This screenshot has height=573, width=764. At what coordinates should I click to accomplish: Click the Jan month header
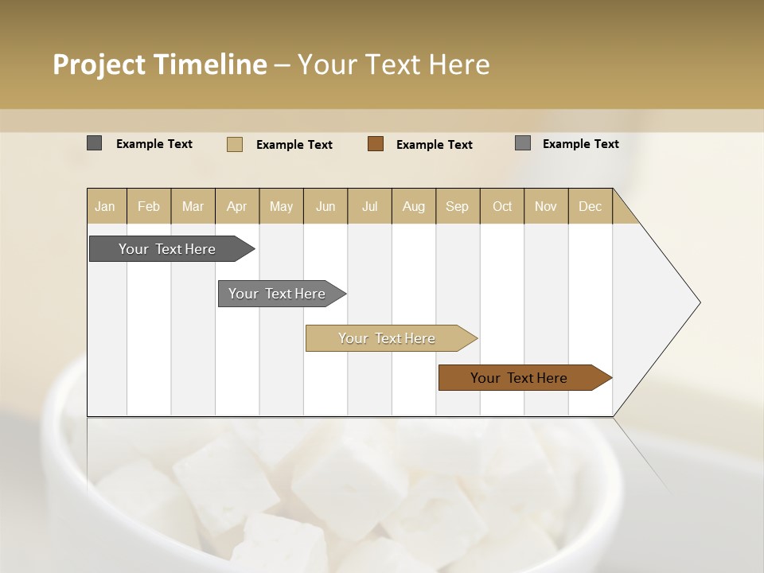105,206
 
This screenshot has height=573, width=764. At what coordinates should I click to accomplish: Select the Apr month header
237,206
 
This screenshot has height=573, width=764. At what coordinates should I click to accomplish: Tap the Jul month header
369,206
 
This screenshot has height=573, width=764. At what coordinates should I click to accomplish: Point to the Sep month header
457,206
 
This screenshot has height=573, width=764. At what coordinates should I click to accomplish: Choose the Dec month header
590,206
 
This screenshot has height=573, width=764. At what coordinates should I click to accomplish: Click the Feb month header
149,206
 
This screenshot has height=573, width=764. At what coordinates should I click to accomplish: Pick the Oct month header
501,206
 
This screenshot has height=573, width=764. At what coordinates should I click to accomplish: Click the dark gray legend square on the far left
95,143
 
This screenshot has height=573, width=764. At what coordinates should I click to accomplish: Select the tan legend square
235,144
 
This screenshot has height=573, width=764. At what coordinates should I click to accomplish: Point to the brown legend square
376,144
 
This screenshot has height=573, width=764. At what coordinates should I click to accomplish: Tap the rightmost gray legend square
523,143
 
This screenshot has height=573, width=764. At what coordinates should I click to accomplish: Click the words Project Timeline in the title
159,64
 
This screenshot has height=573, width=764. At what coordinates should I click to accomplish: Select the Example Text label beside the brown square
434,144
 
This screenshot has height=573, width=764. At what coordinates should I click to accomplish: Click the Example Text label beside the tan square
294,144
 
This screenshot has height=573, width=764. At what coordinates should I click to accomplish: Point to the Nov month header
545,206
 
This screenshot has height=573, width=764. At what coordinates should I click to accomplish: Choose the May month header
281,206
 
